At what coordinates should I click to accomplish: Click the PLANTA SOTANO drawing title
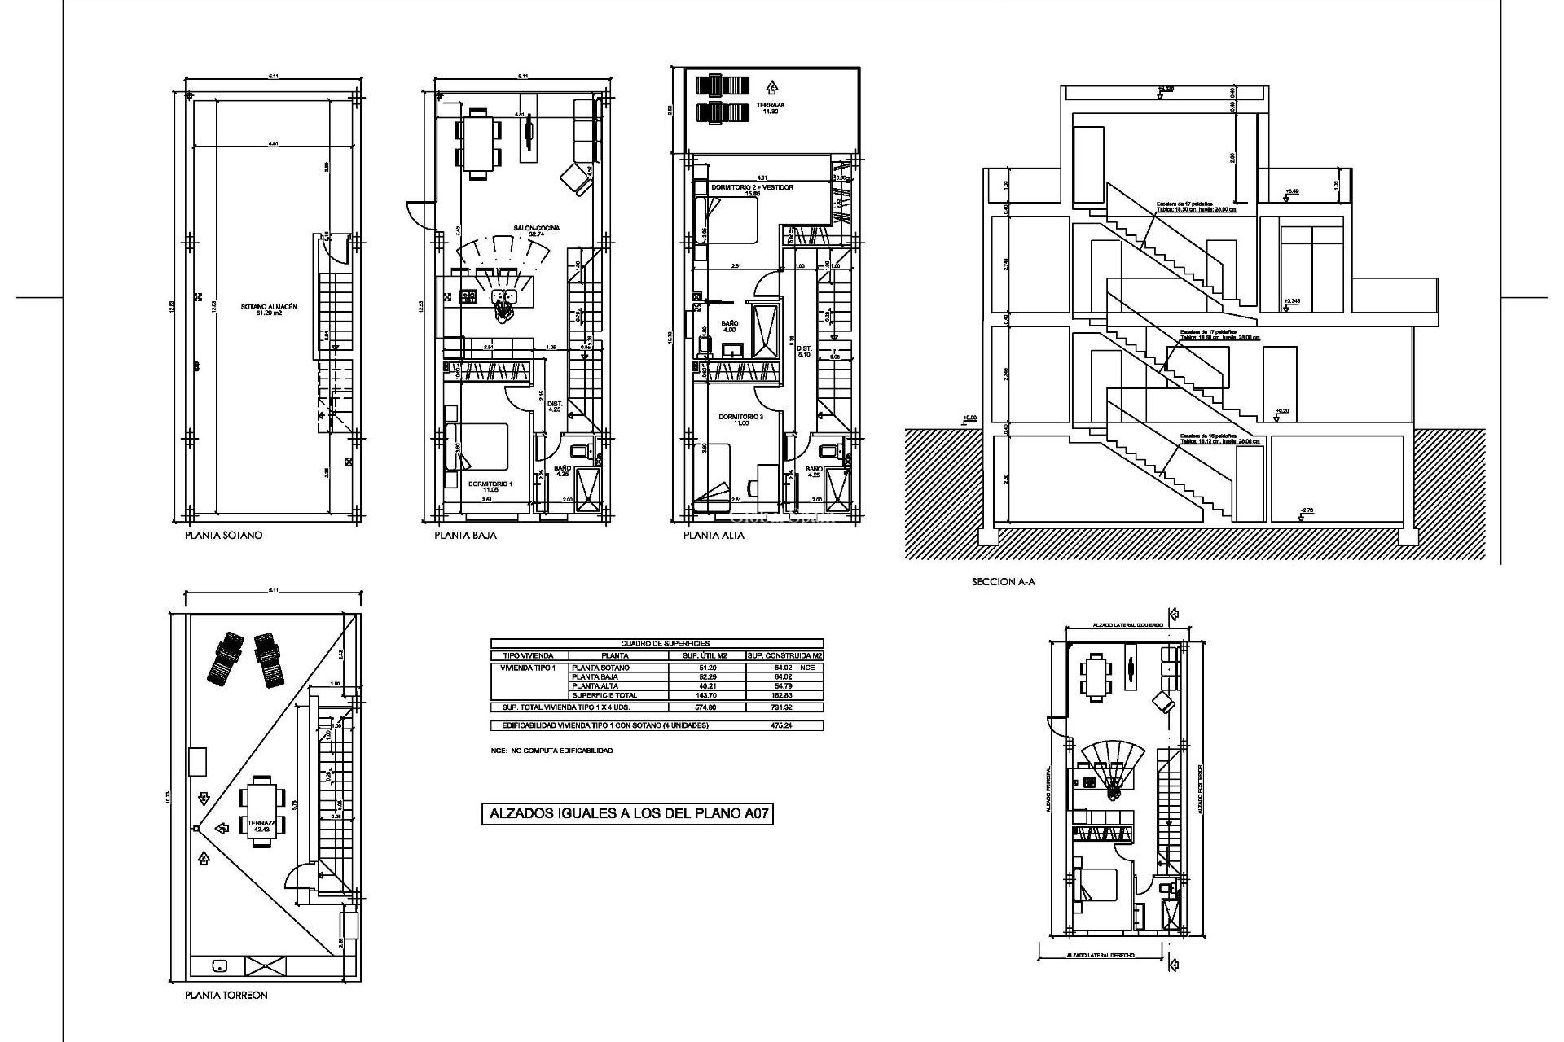tap(223, 536)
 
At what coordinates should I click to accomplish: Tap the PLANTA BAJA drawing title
tap(465, 536)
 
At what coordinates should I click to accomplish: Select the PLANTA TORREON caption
tap(226, 995)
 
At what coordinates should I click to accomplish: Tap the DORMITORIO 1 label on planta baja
tap(490, 486)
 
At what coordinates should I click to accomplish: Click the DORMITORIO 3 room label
tap(740, 419)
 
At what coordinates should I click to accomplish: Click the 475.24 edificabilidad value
tap(780, 725)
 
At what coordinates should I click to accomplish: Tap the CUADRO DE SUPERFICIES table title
tap(657, 643)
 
